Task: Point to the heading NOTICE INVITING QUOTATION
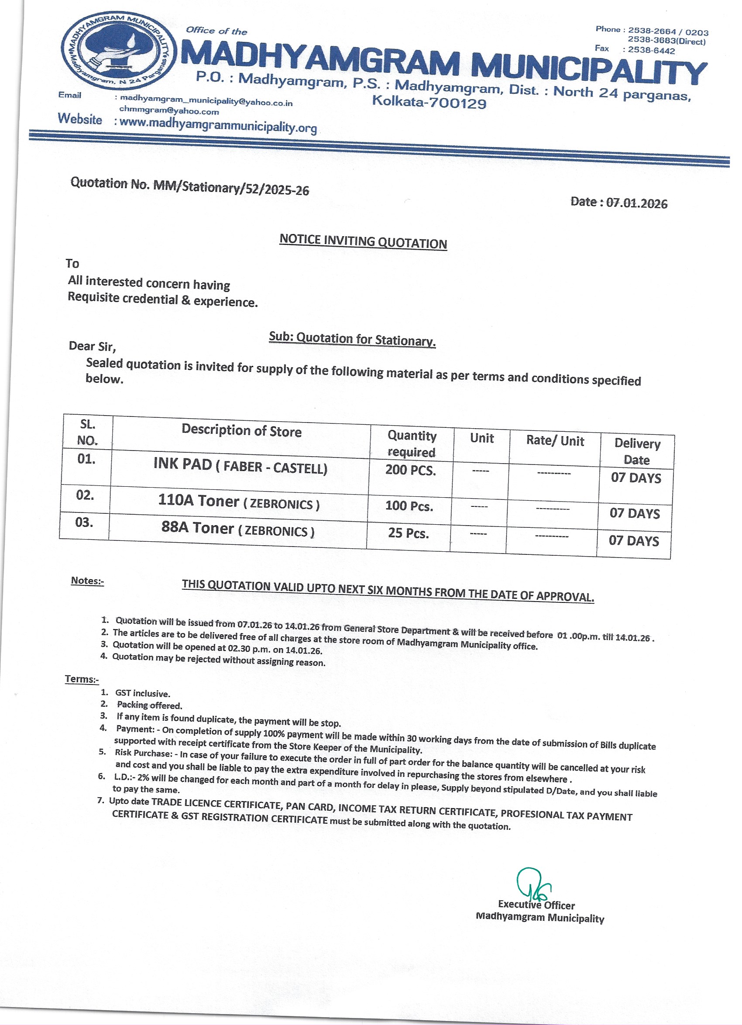point(363,241)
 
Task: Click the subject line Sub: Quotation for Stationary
point(352,339)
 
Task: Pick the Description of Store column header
point(241,430)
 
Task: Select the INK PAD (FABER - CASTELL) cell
point(240,466)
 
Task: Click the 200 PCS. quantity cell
point(410,470)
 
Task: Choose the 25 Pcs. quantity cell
point(408,533)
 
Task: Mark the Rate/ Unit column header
point(555,441)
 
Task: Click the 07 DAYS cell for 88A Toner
point(634,540)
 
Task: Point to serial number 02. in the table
point(85,495)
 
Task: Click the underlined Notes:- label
point(87,581)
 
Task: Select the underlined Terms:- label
point(82,679)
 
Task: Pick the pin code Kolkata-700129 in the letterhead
point(429,102)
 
